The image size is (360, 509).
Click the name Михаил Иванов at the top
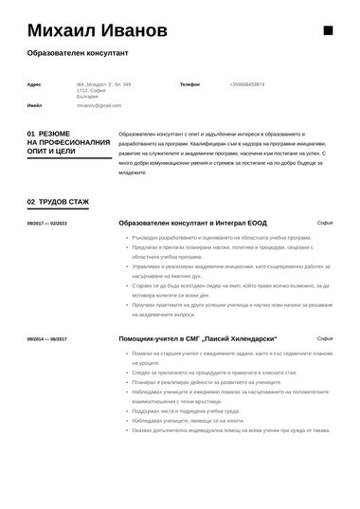click(97, 31)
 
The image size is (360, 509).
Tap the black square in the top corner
click(328, 31)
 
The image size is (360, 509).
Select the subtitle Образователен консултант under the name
click(78, 55)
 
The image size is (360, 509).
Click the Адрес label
click(34, 84)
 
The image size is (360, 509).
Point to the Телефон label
click(189, 84)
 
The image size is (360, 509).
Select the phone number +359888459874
click(246, 84)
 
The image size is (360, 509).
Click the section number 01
click(31, 134)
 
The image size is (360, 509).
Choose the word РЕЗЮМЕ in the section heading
click(59, 134)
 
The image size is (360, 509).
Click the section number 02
click(31, 202)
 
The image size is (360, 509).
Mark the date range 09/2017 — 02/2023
click(47, 224)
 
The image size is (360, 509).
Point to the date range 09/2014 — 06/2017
click(47, 338)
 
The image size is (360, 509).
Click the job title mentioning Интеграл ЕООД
click(180, 223)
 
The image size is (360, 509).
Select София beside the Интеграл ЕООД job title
click(324, 223)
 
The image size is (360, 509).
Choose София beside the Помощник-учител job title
click(324, 337)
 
